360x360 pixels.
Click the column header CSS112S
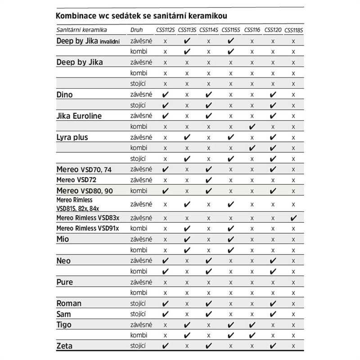(x=166, y=30)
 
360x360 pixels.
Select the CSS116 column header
(x=252, y=30)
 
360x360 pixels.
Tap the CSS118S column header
(x=293, y=30)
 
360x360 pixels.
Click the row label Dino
(x=64, y=95)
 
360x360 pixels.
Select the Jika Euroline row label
(x=79, y=116)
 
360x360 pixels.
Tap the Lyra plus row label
(x=72, y=137)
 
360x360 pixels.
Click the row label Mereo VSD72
(x=76, y=180)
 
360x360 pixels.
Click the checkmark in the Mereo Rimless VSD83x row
(x=294, y=218)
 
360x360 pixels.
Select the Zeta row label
(x=64, y=346)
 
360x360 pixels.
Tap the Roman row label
(x=69, y=303)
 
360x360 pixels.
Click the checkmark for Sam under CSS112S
(x=166, y=314)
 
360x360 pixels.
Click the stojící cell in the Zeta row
(x=137, y=346)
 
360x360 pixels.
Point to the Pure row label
(x=64, y=282)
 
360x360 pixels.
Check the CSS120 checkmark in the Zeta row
(x=273, y=346)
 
